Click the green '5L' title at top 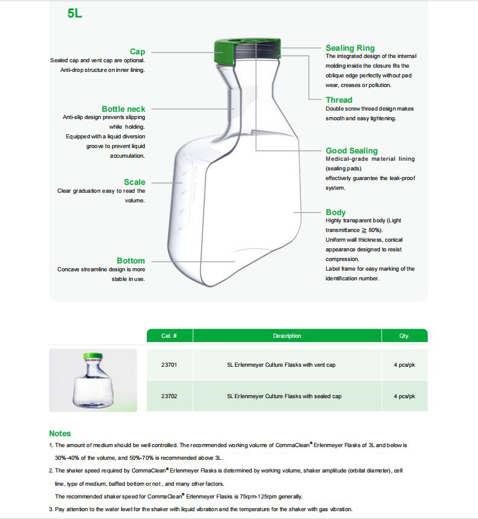[x=75, y=13]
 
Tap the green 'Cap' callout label [x=137, y=52]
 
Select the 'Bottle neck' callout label [x=123, y=109]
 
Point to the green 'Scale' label [x=134, y=182]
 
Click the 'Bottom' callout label [x=131, y=260]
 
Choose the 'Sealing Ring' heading [x=350, y=48]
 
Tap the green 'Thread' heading [x=338, y=100]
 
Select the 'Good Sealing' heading [x=351, y=150]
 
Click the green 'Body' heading [x=335, y=212]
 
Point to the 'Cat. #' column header [x=169, y=336]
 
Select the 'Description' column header [x=286, y=336]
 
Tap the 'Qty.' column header [x=404, y=336]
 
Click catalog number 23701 [x=169, y=365]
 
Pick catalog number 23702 [x=169, y=396]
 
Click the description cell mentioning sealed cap [x=284, y=396]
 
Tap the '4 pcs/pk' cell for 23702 [x=404, y=396]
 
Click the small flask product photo [x=93, y=381]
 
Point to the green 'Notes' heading [x=60, y=433]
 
